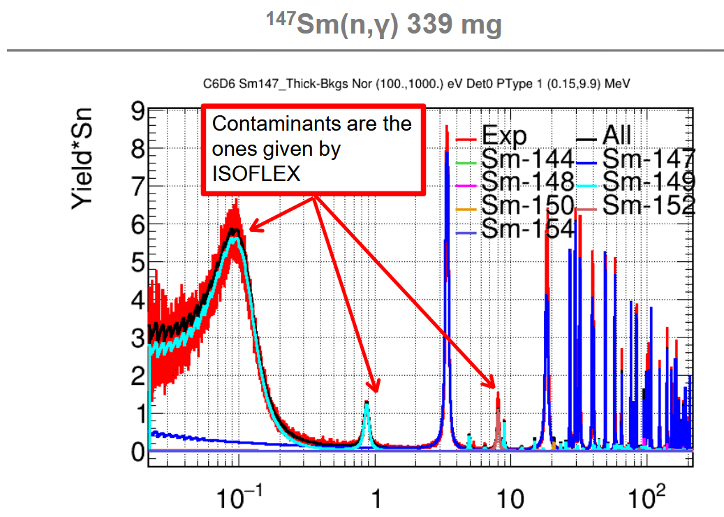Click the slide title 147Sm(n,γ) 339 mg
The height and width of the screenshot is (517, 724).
coord(384,25)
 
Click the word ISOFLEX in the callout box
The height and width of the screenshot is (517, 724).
coord(256,174)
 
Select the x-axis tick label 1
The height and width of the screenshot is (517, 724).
coord(376,501)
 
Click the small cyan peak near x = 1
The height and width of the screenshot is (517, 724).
coord(367,404)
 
